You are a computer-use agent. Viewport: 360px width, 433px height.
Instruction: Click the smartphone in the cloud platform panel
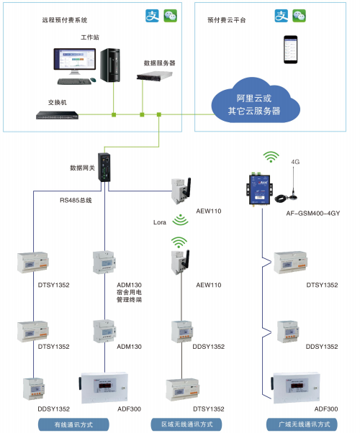click(x=290, y=50)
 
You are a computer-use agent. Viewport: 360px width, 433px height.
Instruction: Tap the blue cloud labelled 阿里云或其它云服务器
click(x=255, y=101)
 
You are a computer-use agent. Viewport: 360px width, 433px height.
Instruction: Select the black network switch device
click(x=57, y=115)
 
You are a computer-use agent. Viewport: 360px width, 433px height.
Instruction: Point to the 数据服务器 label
click(x=160, y=63)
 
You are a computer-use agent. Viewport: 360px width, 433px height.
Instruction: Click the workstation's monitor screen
click(x=74, y=59)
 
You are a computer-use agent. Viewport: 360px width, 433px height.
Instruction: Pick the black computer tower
click(x=110, y=65)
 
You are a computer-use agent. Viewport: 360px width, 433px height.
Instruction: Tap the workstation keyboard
click(x=74, y=81)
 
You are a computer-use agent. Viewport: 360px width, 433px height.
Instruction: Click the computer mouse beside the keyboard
click(x=93, y=80)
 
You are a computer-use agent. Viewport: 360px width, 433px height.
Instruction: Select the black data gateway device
click(x=104, y=168)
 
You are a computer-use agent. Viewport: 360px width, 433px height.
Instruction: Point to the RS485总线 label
click(x=76, y=200)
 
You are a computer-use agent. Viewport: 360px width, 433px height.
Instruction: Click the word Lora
click(x=160, y=222)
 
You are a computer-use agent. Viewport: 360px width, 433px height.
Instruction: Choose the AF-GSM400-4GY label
click(x=313, y=213)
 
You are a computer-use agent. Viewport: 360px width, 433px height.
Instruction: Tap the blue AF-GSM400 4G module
click(x=259, y=189)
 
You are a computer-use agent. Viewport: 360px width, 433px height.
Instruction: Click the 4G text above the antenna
click(x=295, y=162)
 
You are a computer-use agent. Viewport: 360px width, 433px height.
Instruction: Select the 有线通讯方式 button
click(x=73, y=424)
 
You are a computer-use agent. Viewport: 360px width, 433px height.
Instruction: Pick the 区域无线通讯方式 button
click(x=186, y=424)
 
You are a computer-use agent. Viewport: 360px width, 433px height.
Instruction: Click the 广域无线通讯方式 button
click(x=302, y=424)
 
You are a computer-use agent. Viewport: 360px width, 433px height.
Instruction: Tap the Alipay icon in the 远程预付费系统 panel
click(x=153, y=16)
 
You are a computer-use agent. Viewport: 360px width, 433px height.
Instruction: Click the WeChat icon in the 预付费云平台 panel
click(x=300, y=16)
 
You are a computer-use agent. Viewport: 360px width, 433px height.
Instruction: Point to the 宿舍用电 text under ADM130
click(x=129, y=292)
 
